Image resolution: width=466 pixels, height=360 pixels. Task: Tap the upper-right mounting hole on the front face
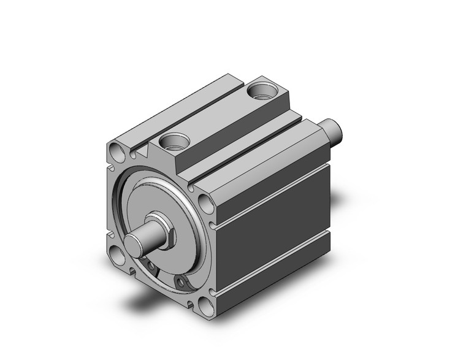point(204,202)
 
